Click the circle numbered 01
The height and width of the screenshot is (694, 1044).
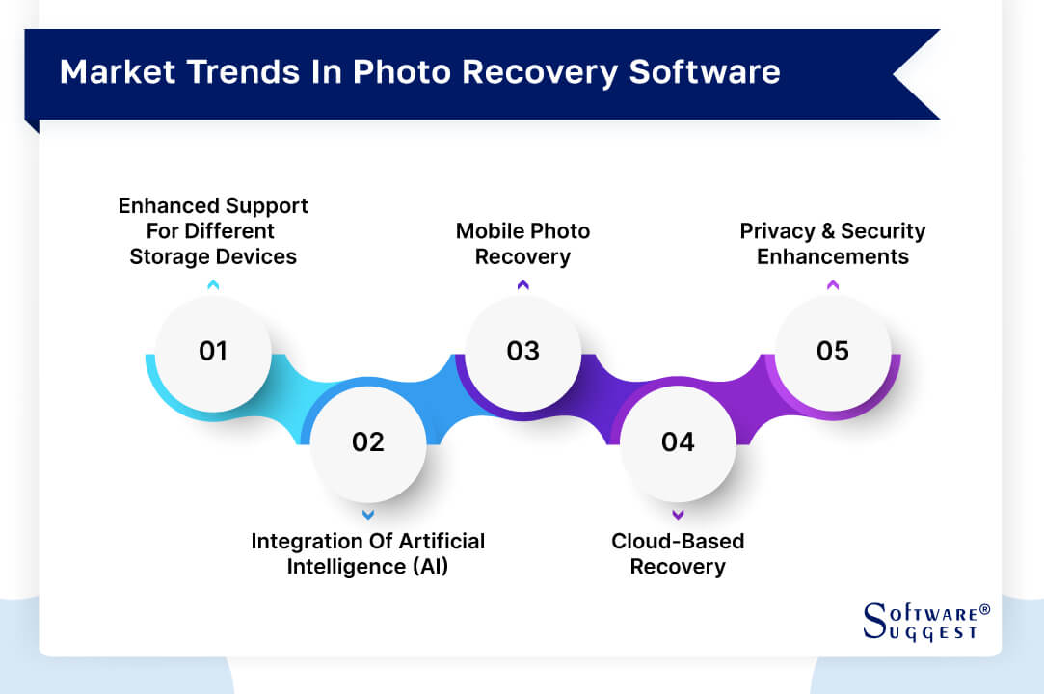213,352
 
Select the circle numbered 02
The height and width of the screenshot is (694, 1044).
368,442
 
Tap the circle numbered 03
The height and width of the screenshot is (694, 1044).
522,352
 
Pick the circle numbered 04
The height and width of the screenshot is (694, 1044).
678,442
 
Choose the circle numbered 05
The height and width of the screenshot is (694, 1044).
833,352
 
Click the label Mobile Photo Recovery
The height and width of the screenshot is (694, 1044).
522,244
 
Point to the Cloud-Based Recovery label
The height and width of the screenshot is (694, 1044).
678,553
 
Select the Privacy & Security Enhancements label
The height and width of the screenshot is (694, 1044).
833,244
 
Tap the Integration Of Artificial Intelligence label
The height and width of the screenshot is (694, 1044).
368,553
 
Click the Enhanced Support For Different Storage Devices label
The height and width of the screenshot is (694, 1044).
213,231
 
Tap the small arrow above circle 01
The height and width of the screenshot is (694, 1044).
213,284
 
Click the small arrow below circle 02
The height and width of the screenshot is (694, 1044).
368,515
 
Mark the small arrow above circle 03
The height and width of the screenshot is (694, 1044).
522,284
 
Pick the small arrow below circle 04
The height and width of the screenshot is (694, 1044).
678,515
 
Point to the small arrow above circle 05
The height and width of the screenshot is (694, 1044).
833,284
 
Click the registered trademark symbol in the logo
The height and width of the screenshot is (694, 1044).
984,610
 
